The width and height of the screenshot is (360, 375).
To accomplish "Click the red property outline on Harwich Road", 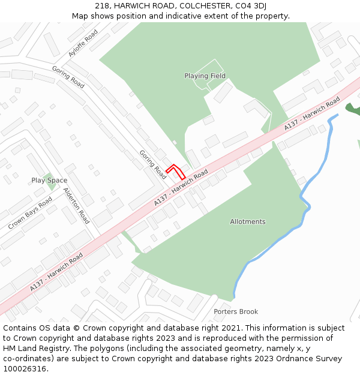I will pos(176,171).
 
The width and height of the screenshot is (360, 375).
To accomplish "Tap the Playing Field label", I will pos(205,76).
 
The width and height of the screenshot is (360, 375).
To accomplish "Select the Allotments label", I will pos(247,222).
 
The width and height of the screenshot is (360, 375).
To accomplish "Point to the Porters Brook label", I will pos(236,312).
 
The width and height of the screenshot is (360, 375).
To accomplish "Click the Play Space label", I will pos(49,181).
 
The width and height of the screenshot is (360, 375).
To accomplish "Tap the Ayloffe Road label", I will pos(83,43).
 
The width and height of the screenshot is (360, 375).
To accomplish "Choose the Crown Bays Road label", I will pos(30,212).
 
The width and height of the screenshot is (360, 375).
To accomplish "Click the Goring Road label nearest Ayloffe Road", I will pos(68,77).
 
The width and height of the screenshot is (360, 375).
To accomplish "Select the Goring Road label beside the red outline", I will pos(152,164).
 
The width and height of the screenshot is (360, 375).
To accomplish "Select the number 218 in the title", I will pos(101,6).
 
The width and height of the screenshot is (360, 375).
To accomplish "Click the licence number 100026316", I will pos(24,369).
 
